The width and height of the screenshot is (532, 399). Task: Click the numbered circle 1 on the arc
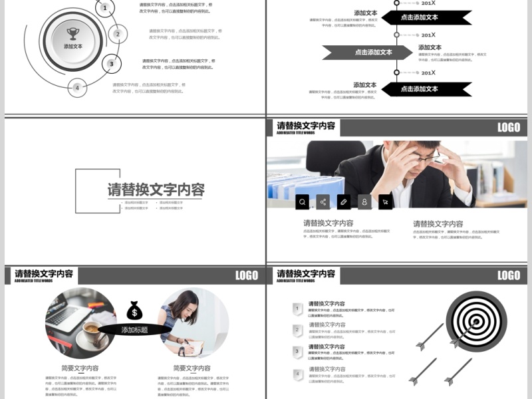(104, 8)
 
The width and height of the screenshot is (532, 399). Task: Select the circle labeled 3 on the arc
(112, 64)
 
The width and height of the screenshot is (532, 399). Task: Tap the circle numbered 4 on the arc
(77, 87)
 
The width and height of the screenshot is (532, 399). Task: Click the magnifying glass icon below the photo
(303, 201)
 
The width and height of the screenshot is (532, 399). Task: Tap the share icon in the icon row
(323, 201)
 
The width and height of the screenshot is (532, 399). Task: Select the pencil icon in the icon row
(344, 201)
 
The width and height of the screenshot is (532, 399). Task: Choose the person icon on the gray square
(364, 201)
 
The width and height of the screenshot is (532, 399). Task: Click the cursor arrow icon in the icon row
(385, 201)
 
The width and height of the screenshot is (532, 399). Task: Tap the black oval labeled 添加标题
(134, 330)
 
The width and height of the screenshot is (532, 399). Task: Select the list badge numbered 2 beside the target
(298, 329)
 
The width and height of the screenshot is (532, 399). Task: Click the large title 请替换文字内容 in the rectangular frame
(156, 190)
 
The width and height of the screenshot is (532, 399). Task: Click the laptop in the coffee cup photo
(66, 314)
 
